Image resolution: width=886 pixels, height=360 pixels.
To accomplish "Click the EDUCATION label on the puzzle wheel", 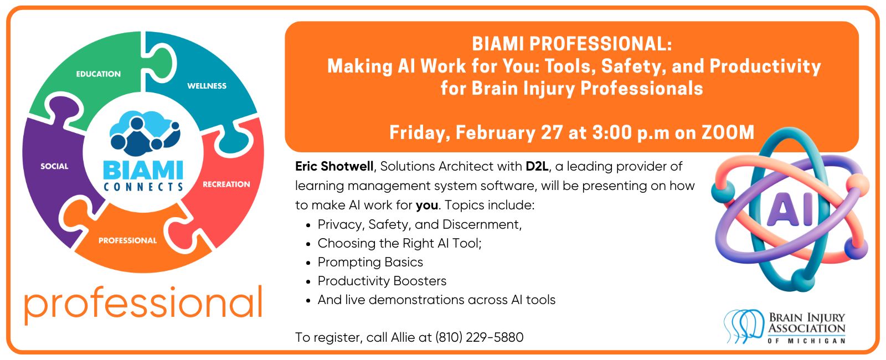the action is [x=99, y=74].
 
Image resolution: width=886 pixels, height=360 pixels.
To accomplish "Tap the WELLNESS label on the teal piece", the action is [x=207, y=86].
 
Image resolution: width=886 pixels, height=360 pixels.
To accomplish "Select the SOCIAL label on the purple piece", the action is [x=55, y=166].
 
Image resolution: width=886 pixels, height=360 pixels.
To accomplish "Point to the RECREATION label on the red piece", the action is [x=226, y=184].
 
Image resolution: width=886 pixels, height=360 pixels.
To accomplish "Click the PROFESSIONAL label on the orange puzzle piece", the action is [x=128, y=240].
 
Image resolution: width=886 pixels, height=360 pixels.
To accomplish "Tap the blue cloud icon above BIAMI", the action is [x=145, y=133].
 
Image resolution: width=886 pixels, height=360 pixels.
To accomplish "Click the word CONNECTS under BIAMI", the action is [x=143, y=187].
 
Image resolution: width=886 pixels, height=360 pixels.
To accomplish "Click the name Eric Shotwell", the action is [x=334, y=166].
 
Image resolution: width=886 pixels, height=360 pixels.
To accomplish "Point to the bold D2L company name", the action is [x=537, y=166].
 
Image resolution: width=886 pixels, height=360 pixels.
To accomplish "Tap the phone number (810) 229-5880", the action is [x=480, y=337].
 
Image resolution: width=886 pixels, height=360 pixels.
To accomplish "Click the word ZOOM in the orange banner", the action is [x=728, y=132].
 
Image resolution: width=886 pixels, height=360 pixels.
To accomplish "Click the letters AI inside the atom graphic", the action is [x=790, y=209].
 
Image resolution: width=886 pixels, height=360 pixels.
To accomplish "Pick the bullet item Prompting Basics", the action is [x=370, y=262].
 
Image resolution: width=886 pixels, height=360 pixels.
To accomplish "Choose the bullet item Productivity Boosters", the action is [x=382, y=281].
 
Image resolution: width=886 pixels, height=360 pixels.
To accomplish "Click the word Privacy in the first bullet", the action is [x=340, y=224].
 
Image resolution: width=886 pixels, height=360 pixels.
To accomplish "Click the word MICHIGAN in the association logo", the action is [x=816, y=341].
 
